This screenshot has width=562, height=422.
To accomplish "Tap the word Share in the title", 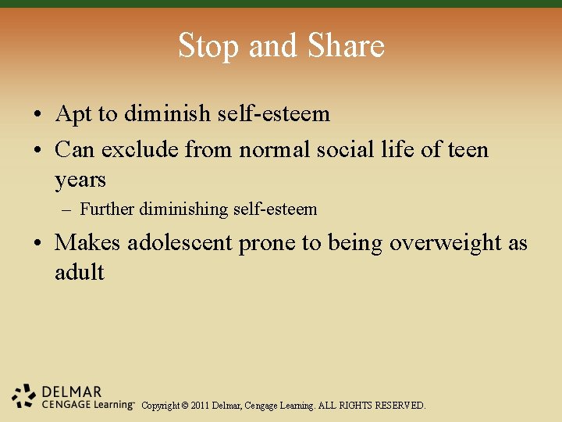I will click(x=347, y=46).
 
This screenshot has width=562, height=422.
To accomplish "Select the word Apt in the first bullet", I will click(x=75, y=114).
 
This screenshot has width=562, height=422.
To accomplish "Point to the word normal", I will click(x=275, y=148).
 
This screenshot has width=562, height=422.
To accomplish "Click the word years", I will click(x=80, y=180).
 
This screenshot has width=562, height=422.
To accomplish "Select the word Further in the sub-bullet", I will click(x=107, y=209).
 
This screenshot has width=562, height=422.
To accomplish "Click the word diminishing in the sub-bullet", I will click(x=184, y=209).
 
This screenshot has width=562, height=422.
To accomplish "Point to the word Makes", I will click(x=87, y=243).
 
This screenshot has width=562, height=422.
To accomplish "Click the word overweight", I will click(x=446, y=243).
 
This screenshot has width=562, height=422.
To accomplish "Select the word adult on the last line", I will click(x=79, y=273).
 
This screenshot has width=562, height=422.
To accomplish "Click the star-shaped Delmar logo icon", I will click(x=23, y=396).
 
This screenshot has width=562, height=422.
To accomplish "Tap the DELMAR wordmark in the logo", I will click(x=72, y=392).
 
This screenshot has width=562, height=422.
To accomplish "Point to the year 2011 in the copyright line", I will click(x=201, y=406).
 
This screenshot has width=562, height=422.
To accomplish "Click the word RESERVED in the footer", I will click(x=400, y=406).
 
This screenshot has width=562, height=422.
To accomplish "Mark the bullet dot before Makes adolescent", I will click(x=37, y=244).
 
